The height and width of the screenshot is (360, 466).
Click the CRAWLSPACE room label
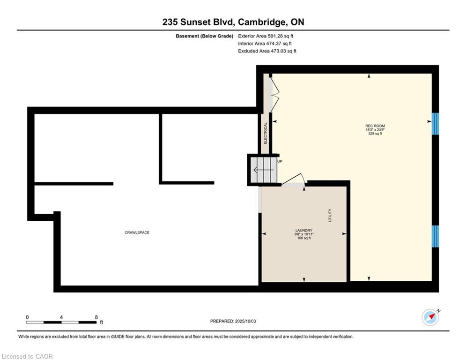137,232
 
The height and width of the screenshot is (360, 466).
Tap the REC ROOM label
375,126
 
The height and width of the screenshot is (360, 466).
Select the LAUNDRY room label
304,230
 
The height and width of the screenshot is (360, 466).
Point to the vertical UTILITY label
330,216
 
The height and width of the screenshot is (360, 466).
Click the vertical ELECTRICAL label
266,133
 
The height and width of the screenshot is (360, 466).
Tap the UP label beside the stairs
280,161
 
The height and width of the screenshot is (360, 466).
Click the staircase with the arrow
264,170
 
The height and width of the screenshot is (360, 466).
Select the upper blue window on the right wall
435,124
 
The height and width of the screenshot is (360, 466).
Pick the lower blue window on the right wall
435,236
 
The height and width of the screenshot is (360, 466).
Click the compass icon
430,317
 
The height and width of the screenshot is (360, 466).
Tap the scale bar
61,322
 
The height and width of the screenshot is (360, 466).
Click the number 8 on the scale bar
96,317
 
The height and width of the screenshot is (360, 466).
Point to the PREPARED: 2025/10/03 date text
233,321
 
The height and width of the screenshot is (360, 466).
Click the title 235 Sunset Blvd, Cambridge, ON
233,22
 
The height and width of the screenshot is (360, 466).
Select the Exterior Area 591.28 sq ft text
266,36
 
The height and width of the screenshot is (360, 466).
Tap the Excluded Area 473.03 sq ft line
267,51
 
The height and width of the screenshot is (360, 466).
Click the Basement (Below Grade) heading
205,36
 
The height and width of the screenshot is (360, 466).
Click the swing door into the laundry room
293,180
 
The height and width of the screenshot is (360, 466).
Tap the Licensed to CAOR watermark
27,356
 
